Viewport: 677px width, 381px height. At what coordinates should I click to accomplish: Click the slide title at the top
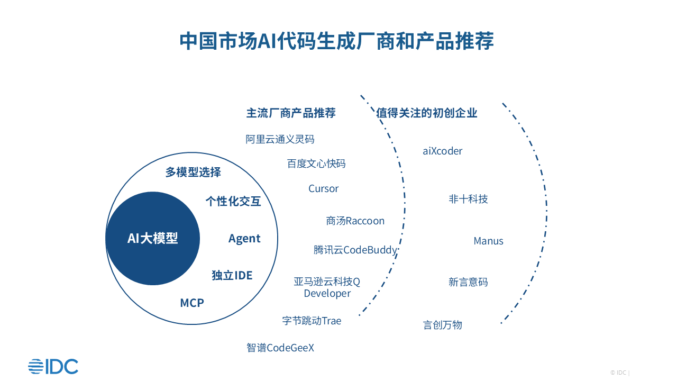(x=337, y=41)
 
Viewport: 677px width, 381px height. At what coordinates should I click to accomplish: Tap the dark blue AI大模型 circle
(x=152, y=238)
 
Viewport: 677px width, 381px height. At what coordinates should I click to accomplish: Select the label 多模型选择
(x=193, y=172)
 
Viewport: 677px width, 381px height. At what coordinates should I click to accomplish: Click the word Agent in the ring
(x=244, y=239)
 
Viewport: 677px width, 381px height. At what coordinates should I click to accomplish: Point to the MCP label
(x=192, y=303)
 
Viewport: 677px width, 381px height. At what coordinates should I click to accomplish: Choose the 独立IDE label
(x=232, y=275)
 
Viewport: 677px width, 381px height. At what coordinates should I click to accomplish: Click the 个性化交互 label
(x=233, y=201)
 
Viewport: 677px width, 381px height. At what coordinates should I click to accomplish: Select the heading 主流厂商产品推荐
(x=291, y=113)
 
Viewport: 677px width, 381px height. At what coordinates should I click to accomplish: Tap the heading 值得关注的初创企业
(x=427, y=113)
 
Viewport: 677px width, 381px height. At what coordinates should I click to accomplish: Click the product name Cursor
(x=324, y=189)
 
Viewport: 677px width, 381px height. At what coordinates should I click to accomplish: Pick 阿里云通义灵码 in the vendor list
(x=280, y=139)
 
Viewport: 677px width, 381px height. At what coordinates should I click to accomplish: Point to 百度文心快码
(x=316, y=164)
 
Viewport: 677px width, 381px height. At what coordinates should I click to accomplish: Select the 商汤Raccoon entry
(x=355, y=221)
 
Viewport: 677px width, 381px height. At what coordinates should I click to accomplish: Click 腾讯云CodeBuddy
(x=355, y=250)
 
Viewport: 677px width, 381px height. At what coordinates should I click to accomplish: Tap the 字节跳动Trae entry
(x=312, y=321)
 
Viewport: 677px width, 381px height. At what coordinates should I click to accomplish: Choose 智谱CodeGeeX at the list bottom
(x=280, y=348)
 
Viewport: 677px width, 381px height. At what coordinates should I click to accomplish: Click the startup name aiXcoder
(x=443, y=151)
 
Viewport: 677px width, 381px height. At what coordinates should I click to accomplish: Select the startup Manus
(x=489, y=241)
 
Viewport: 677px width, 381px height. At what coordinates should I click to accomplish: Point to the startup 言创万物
(x=443, y=325)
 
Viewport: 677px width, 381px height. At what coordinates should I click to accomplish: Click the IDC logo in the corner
(x=53, y=366)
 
